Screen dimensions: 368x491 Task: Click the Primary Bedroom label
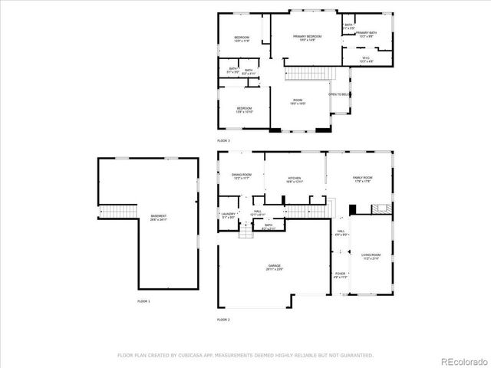click(307, 38)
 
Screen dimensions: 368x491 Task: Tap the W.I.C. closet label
click(367, 59)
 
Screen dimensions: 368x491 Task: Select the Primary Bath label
click(367, 34)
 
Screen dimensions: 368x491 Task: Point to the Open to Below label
click(338, 94)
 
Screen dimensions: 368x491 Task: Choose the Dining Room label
click(242, 176)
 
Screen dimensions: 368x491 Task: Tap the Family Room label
click(362, 179)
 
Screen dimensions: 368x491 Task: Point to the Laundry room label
click(228, 215)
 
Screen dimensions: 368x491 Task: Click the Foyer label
click(340, 275)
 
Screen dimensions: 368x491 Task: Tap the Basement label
click(159, 218)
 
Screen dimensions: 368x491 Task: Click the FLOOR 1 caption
click(143, 301)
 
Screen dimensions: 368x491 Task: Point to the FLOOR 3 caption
click(223, 141)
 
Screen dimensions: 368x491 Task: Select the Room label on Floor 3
click(298, 102)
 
